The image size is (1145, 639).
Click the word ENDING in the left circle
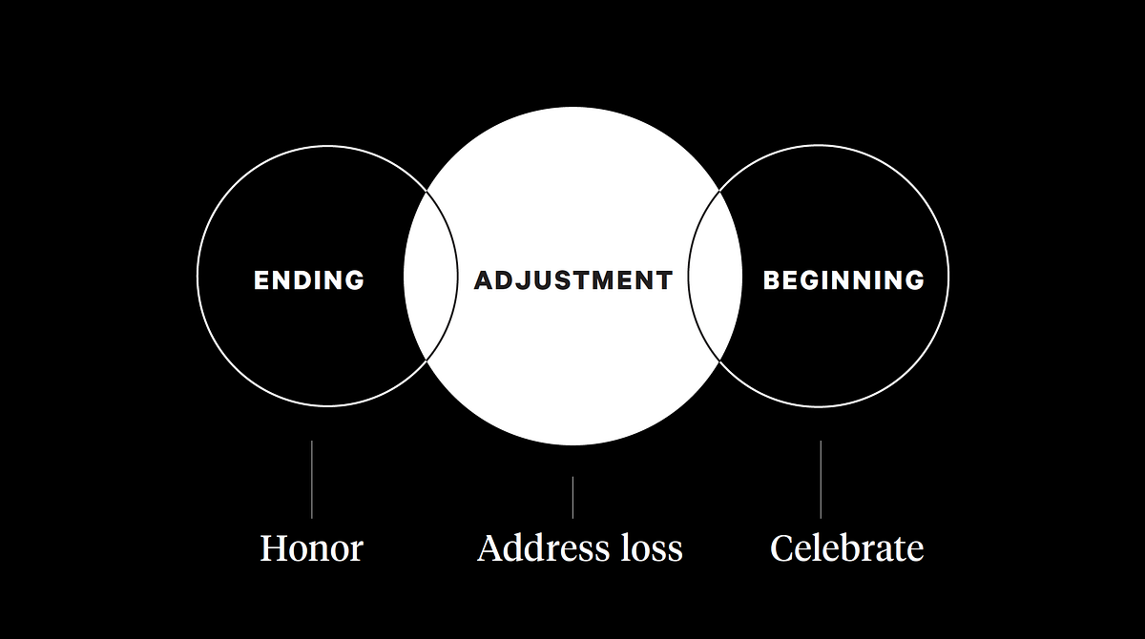(309, 280)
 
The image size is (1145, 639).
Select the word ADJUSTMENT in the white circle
(573, 280)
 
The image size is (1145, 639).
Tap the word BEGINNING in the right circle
(843, 280)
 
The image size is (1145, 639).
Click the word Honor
(312, 549)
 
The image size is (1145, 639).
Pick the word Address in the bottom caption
(537, 549)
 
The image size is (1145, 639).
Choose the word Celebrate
(847, 549)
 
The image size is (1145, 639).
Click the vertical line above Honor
(312, 479)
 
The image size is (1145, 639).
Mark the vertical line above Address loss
(572, 497)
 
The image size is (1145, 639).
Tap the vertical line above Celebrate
(821, 479)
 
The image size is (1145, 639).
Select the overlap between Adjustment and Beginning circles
(715, 277)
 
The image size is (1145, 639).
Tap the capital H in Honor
(275, 549)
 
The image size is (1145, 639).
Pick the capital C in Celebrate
(782, 549)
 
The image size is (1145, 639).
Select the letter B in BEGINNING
(773, 280)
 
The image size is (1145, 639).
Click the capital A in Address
(490, 549)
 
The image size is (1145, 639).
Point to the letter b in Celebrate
(857, 548)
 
